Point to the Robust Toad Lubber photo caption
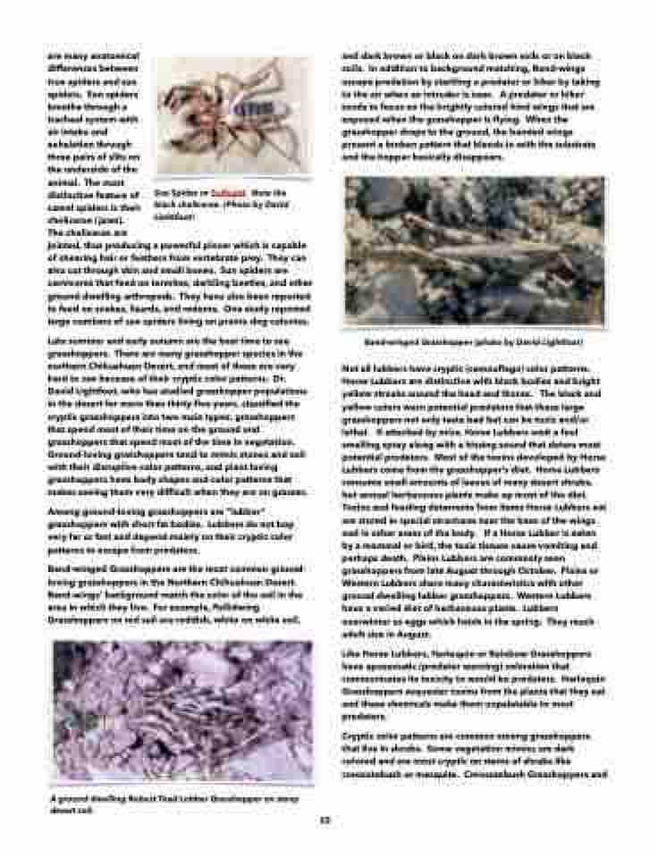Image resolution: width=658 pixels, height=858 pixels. pos(173,799)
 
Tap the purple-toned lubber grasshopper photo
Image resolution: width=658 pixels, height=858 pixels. pos(182,711)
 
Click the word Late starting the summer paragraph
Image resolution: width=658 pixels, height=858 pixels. pos(56,341)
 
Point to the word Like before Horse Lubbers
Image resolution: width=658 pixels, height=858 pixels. pos(350,655)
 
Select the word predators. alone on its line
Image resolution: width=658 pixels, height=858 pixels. pos(365,717)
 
